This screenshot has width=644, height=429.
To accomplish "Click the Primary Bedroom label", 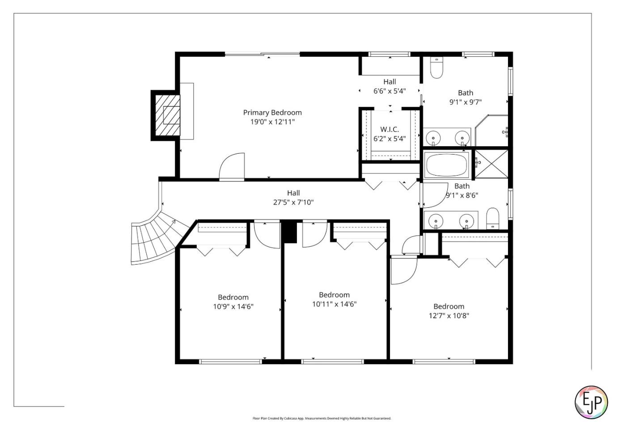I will pyautogui.click(x=272, y=113).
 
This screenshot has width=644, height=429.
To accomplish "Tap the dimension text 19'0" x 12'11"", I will pyautogui.click(x=272, y=122).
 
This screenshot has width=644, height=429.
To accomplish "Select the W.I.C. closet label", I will pyautogui.click(x=390, y=130).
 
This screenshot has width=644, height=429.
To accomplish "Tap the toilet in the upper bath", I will pyautogui.click(x=436, y=68).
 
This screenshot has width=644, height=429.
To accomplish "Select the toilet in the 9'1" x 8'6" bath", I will pyautogui.click(x=492, y=218).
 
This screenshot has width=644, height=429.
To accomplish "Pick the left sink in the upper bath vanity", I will pyautogui.click(x=433, y=137).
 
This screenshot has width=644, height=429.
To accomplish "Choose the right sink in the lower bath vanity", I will pyautogui.click(x=466, y=221).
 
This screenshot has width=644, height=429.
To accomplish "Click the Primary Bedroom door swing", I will pyautogui.click(x=233, y=167).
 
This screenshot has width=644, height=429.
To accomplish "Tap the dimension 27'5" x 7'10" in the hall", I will pyautogui.click(x=293, y=202).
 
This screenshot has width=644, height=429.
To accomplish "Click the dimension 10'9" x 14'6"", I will pyautogui.click(x=233, y=307).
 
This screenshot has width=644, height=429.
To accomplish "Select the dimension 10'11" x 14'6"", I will pyautogui.click(x=334, y=304).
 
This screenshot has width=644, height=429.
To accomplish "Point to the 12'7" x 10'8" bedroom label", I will pyautogui.click(x=449, y=307).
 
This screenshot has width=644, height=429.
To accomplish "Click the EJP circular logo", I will pyautogui.click(x=591, y=402).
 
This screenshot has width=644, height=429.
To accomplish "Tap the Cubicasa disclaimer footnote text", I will pyautogui.click(x=322, y=419).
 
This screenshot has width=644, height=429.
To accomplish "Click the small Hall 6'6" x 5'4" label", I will pyautogui.click(x=390, y=82).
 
